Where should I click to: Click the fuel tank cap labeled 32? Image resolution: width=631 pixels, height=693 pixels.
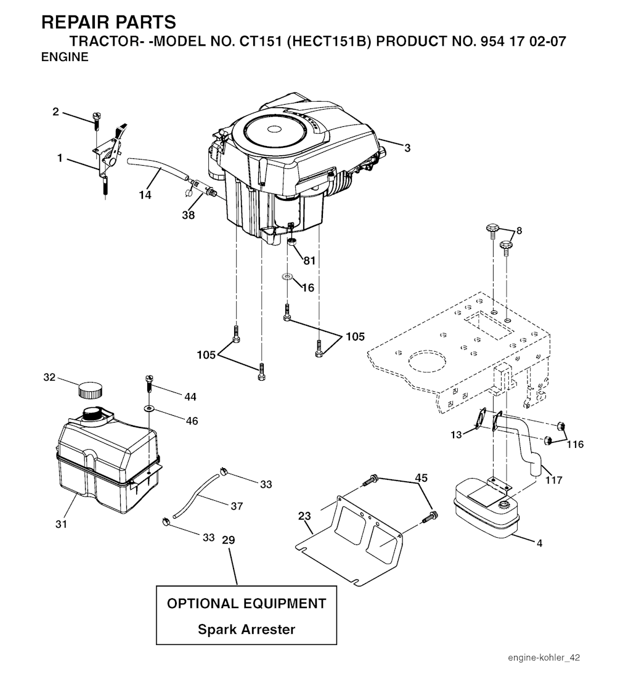click(x=90, y=391)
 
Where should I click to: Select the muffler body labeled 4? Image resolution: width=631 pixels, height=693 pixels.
click(x=486, y=508)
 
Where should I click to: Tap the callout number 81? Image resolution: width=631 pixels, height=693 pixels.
click(x=309, y=261)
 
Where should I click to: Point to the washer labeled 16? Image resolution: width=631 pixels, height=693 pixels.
click(x=287, y=277)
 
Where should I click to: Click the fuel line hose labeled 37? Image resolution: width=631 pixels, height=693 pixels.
click(x=195, y=495)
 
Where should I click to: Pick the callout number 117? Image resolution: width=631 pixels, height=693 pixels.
click(x=553, y=479)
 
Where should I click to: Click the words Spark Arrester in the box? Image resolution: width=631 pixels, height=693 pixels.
click(x=246, y=629)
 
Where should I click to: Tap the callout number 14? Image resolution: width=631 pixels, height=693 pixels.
click(x=145, y=195)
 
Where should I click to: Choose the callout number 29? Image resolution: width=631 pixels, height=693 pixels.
click(x=228, y=540)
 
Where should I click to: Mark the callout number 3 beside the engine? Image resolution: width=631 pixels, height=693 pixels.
click(x=407, y=148)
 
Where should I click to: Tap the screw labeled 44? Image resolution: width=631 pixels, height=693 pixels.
click(x=149, y=383)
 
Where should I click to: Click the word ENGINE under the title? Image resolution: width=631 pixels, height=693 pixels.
click(x=65, y=57)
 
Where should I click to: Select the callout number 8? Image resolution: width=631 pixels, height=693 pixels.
click(x=519, y=231)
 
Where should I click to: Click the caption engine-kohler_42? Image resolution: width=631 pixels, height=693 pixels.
click(x=544, y=657)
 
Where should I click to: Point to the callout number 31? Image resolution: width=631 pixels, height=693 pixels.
click(x=61, y=524)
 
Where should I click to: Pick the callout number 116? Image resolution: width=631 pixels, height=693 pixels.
click(x=575, y=444)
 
